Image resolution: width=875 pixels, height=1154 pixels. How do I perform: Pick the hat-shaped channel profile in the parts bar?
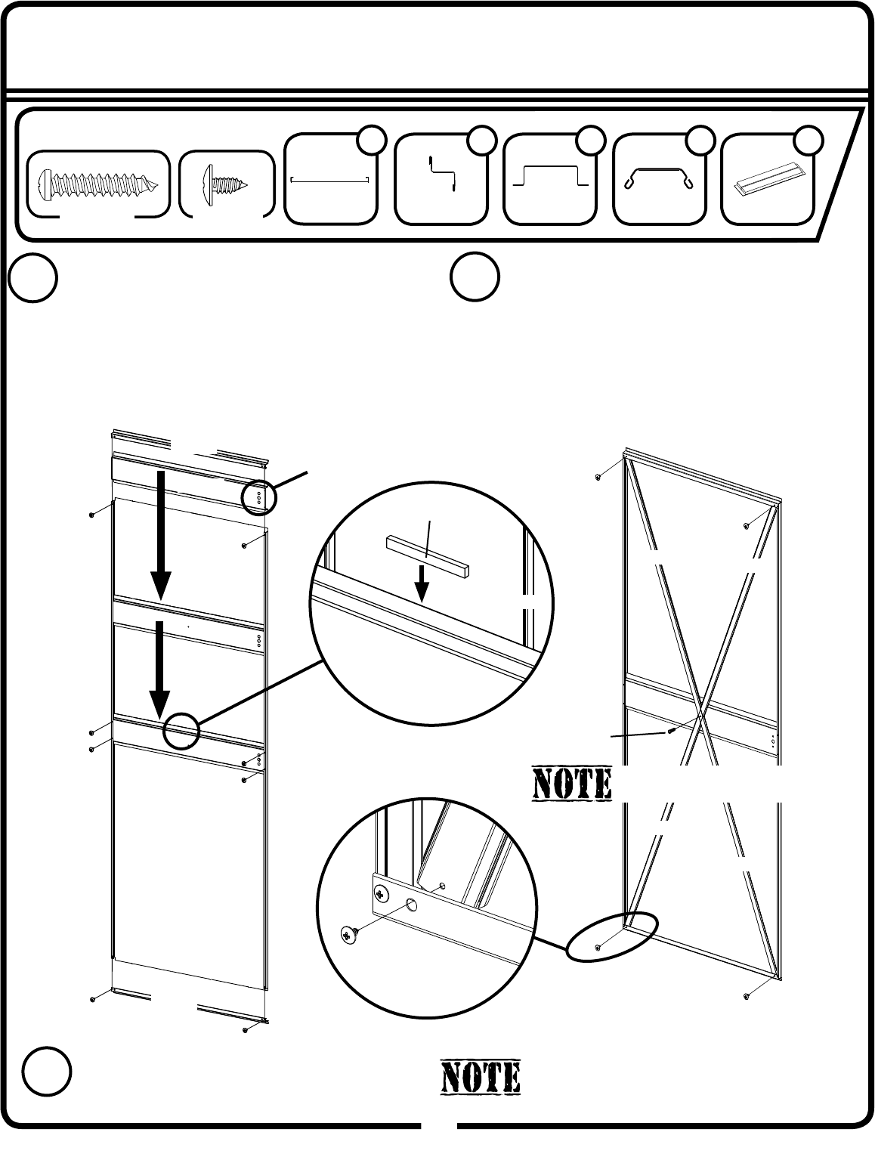(x=549, y=177)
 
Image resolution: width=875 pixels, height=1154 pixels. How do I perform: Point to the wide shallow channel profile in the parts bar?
(x=329, y=179)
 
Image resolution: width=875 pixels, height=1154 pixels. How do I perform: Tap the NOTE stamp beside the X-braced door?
(x=572, y=784)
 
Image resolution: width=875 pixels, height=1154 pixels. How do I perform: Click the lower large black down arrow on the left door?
(x=159, y=666)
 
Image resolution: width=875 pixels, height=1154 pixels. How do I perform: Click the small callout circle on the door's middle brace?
(x=181, y=731)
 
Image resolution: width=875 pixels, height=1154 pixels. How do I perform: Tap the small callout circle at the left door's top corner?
(x=259, y=497)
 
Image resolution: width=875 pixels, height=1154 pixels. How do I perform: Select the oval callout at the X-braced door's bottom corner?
(x=612, y=937)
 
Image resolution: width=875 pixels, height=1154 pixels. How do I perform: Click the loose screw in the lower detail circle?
(x=348, y=934)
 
